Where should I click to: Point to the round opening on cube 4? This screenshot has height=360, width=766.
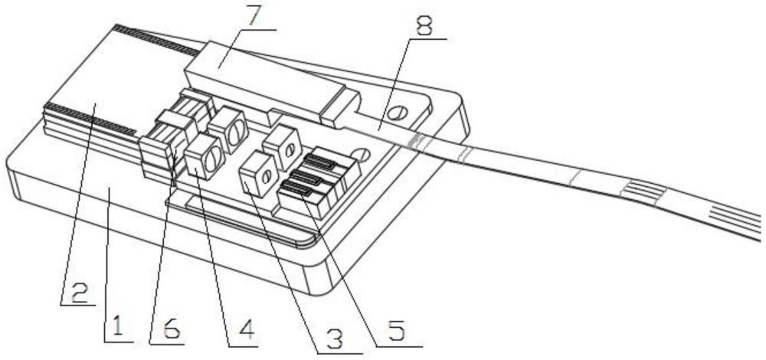(x=213, y=158)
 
